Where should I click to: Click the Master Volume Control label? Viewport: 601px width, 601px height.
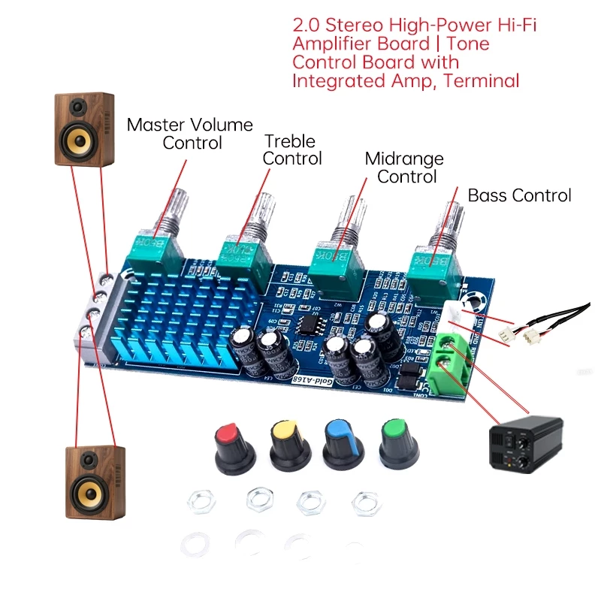tap(189, 133)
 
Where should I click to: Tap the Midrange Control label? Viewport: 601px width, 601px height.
tap(405, 168)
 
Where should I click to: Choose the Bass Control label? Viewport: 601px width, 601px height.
tap(519, 195)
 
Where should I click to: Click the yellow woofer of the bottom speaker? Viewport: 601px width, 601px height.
tap(93, 494)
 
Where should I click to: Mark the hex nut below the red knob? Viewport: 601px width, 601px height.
tap(201, 500)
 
